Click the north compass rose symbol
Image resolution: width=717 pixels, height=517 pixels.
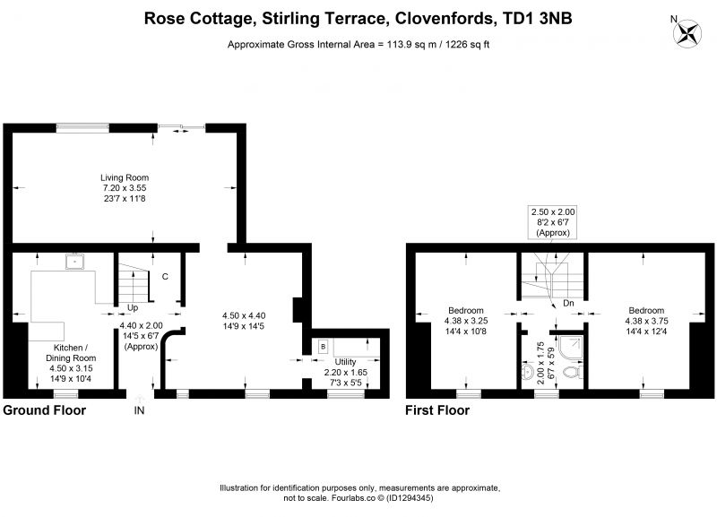(687, 33)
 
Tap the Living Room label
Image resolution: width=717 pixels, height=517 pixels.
(125, 177)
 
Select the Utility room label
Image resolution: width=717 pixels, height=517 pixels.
(345, 362)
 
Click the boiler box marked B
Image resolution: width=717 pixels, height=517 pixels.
(323, 347)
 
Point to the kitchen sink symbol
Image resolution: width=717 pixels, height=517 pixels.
(74, 262)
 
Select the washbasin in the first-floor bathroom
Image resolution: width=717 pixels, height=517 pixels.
(527, 372)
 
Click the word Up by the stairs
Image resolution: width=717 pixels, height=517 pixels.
(133, 307)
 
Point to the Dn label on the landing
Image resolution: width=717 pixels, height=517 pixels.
(568, 303)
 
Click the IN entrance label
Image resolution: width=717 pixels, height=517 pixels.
(139, 410)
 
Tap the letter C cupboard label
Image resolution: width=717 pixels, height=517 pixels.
(165, 277)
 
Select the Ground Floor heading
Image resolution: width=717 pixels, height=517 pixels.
(44, 410)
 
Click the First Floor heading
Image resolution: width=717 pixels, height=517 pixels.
(437, 410)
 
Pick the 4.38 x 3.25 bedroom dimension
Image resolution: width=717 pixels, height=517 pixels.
(466, 321)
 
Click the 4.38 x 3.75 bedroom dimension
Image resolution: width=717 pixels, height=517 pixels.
(646, 321)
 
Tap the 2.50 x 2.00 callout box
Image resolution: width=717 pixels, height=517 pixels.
(553, 222)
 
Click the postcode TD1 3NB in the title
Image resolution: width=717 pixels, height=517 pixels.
(537, 18)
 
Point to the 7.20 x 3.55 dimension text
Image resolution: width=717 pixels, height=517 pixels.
(125, 188)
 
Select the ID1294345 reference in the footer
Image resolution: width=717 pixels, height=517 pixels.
(410, 498)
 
